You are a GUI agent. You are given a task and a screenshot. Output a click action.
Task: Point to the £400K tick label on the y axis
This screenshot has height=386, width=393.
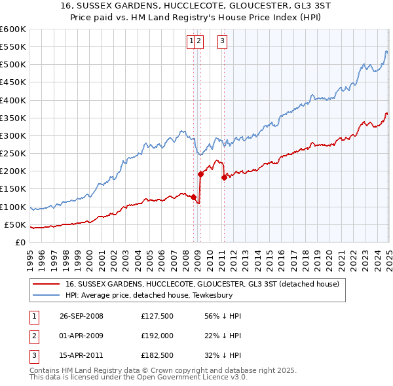click(x=13, y=100)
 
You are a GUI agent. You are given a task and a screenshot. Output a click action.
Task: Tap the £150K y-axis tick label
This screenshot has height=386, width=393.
click(x=13, y=189)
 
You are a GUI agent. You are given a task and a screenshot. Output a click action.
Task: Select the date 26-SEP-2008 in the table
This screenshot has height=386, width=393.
click(x=81, y=316)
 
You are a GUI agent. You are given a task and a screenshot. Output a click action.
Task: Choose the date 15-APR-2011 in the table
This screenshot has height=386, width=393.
click(x=81, y=357)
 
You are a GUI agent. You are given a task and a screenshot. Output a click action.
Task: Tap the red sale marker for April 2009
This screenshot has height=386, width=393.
click(x=200, y=173)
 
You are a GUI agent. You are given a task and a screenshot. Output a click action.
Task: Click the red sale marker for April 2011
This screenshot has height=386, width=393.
click(x=224, y=177)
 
